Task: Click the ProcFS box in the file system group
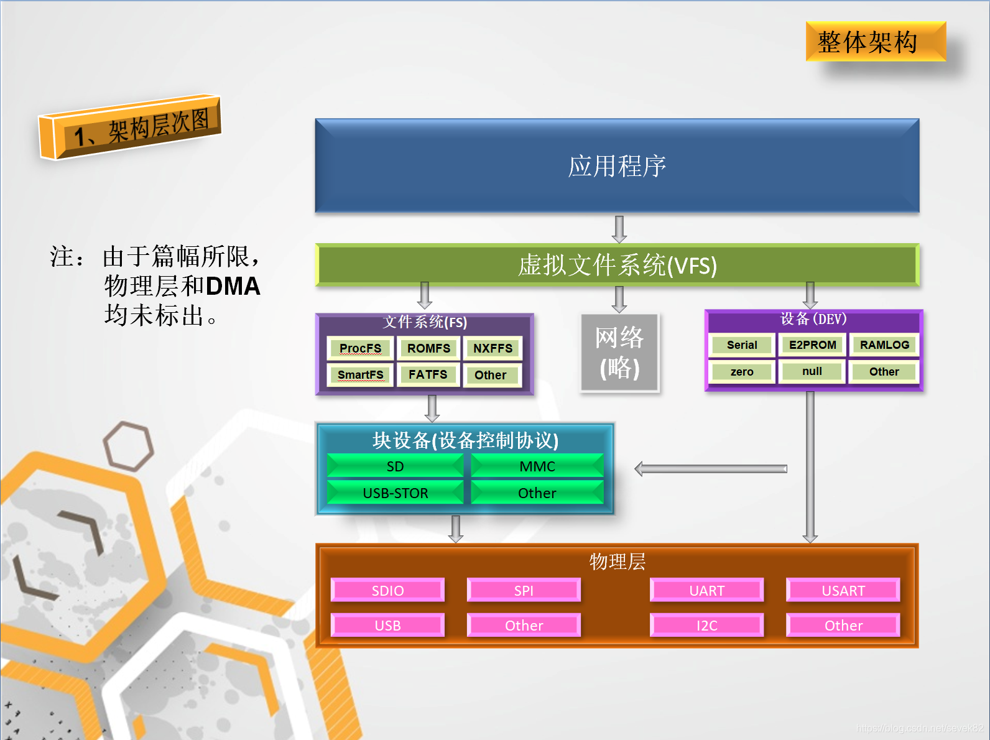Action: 360,348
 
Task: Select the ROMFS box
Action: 428,348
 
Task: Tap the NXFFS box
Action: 493,348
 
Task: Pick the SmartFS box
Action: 360,374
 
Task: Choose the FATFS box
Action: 428,374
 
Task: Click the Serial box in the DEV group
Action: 742,345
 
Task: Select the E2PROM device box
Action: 812,345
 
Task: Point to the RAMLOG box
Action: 884,345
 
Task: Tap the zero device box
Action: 742,372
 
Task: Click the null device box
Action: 812,371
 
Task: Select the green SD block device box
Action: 396,466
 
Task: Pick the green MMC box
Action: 537,466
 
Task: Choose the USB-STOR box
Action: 396,493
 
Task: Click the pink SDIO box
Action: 387,590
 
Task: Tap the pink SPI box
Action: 524,590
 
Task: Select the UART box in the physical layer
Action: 706,590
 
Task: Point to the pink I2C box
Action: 706,625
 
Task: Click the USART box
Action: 843,590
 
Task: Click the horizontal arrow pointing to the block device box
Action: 711,469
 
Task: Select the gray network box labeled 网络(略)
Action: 620,353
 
